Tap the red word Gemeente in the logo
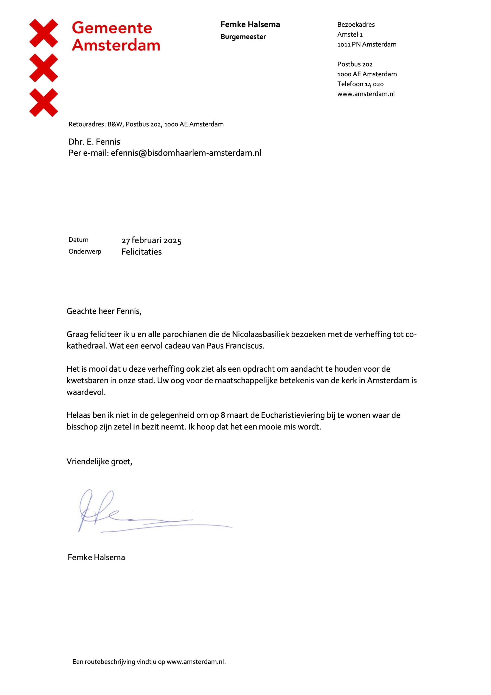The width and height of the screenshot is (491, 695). pos(112,28)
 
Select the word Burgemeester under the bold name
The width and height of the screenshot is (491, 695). pos(243,37)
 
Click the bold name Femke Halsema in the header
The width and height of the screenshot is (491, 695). pos(250,24)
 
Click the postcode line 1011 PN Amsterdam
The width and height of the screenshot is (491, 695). pos(367,45)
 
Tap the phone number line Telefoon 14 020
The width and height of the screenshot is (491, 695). pos(360,84)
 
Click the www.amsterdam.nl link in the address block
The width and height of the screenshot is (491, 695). pos(366,94)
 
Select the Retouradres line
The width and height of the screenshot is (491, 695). pos(146,124)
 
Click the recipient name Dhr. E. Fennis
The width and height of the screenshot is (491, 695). pos(94,142)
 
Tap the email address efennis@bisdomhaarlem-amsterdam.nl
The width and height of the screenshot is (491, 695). pos(186,153)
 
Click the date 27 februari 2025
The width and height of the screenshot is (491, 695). pos(151,241)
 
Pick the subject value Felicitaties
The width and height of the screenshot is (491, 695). pos(142,252)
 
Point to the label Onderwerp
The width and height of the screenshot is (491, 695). pos(85,252)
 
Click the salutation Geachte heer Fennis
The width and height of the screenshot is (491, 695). pos(104,311)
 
